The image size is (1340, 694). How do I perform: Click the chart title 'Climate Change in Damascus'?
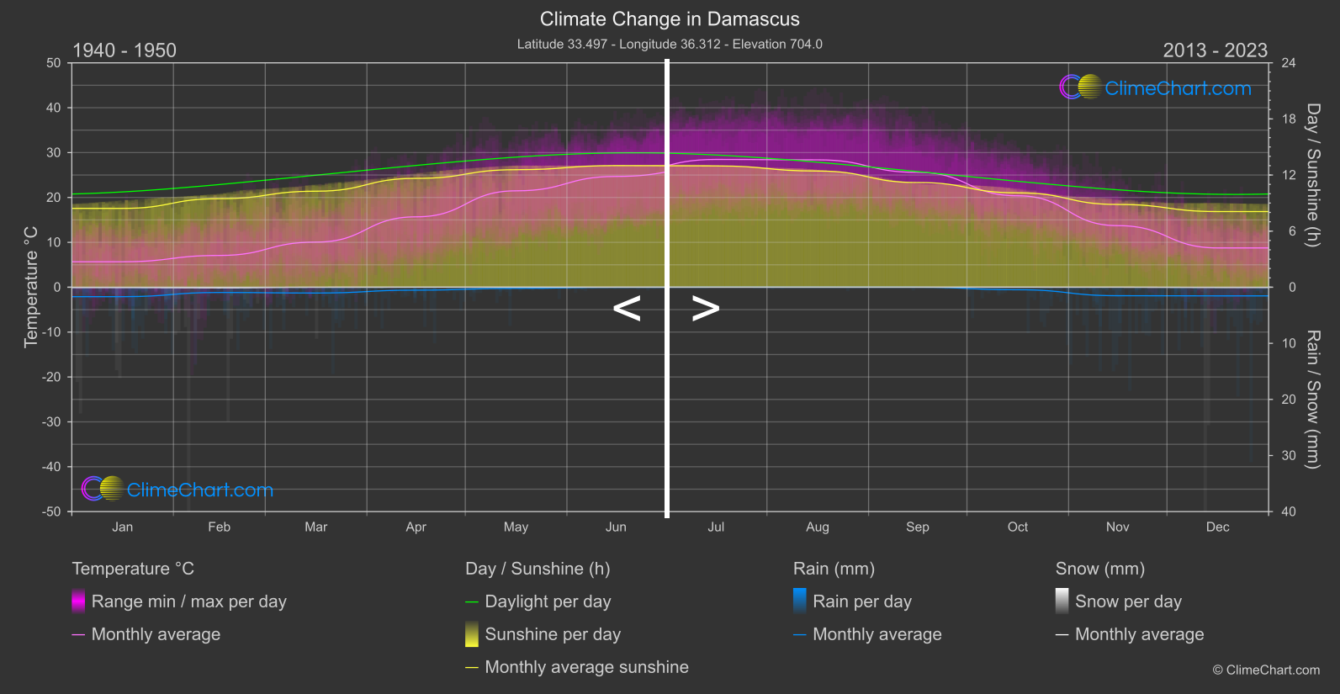coord(670,19)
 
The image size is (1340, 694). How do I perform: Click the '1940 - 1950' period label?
coord(124,50)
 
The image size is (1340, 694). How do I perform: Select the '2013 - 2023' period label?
coord(1215,50)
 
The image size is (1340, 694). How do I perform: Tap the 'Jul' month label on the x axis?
coord(716,527)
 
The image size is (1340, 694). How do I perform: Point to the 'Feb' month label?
coord(219,527)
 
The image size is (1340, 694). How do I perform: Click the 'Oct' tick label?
coord(1017,527)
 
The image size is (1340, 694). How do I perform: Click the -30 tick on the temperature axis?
coord(52,422)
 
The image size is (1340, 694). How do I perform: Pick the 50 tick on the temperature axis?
coord(54,63)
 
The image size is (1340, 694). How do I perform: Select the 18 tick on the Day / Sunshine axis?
coord(1288,119)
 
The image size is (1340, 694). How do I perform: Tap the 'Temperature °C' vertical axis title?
coord(31,287)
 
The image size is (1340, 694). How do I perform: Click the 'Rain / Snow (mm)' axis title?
coord(1312,399)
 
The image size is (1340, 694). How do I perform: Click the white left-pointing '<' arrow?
coord(627,309)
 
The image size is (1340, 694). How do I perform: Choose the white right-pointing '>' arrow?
coord(706,309)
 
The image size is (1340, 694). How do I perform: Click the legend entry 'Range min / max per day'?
coord(188,601)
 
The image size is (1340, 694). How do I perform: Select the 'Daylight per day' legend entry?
coord(548,601)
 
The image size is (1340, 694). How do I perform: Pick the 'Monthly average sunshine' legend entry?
coord(586,667)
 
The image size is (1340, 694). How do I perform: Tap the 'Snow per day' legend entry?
coord(1128,601)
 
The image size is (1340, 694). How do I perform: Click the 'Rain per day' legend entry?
coord(861,601)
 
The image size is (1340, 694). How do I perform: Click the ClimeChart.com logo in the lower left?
coord(177,490)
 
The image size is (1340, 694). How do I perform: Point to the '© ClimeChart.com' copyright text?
coord(1266,670)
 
